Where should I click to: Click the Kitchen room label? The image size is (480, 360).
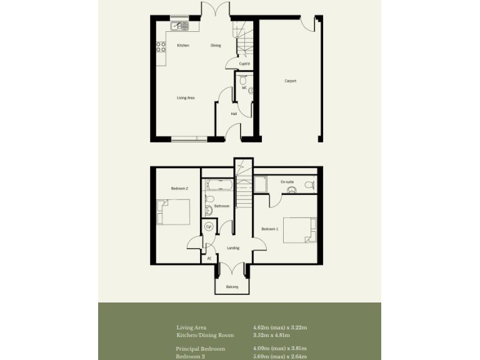click(182, 46)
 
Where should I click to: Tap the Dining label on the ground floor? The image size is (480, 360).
click(216, 46)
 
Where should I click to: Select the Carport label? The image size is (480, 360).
click(290, 81)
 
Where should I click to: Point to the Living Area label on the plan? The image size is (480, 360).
click(186, 97)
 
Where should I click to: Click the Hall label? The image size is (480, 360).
click(234, 114)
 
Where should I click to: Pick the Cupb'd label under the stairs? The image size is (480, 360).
click(244, 64)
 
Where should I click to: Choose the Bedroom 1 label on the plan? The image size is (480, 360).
click(269, 229)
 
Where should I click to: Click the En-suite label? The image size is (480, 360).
click(287, 182)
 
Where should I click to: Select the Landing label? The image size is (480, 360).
click(233, 248)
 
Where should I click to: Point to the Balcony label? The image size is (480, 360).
click(232, 287)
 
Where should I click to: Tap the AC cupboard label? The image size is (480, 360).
click(209, 257)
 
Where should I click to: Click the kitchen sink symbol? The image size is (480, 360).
click(179, 26)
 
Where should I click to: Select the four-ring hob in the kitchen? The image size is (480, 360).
click(161, 46)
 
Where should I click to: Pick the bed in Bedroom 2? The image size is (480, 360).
click(174, 212)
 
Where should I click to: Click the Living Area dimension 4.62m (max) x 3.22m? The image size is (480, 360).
click(279, 327)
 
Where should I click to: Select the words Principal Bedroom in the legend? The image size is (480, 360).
click(200, 348)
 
